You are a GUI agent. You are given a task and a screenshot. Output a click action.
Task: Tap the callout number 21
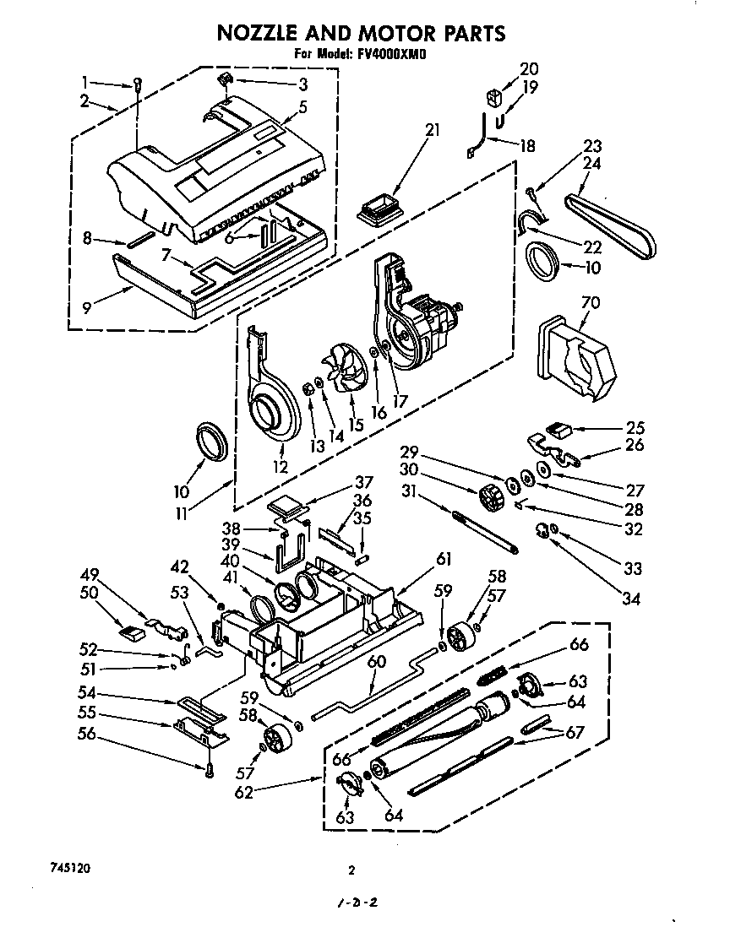433,130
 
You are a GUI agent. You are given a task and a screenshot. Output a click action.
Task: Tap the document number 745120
65,868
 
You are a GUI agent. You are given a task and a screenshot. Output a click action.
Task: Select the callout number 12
280,466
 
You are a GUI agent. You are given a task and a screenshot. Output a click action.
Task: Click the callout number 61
444,558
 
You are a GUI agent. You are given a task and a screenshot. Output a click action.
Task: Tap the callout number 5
302,107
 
